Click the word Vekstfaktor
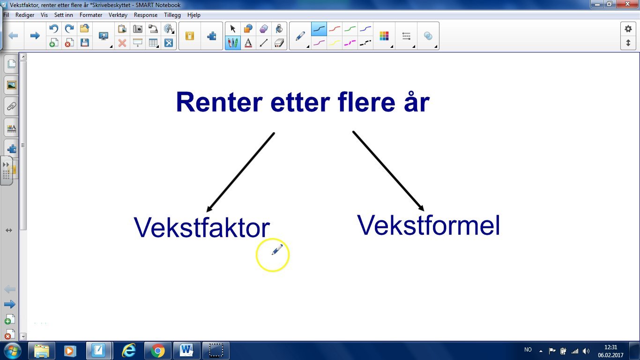202,228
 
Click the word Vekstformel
429,225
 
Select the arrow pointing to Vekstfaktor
240,172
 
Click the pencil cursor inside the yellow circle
277,250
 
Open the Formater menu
91,15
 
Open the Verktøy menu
118,15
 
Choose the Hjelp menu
193,15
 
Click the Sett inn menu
63,15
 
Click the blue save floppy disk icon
85,43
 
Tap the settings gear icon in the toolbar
628,29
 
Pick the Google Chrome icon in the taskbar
157,351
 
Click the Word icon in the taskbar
186,351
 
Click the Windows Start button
12,351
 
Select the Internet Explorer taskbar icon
128,351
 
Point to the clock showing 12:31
610,347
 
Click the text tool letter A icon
248,43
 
